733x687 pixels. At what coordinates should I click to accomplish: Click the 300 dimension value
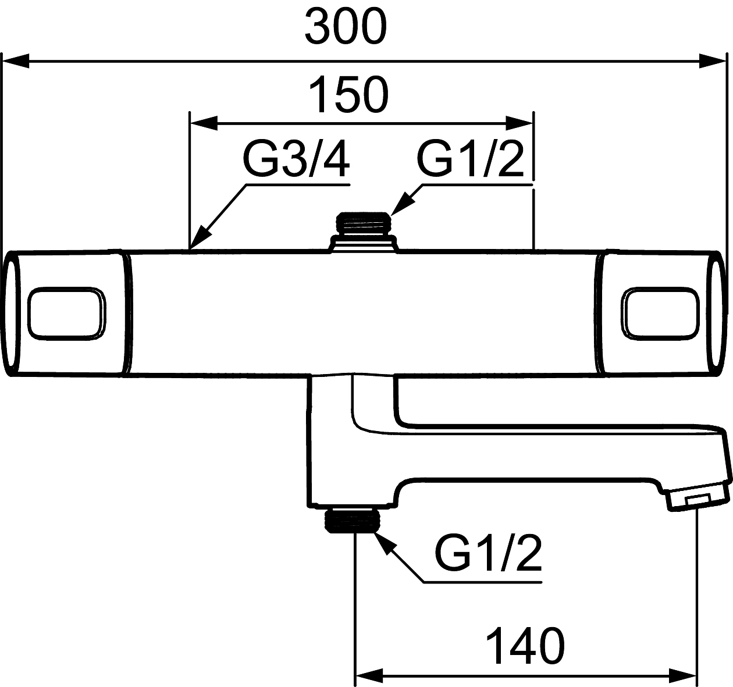point(346,27)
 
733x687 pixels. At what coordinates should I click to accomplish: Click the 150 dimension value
point(348,95)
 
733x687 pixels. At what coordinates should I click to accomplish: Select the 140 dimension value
point(525,646)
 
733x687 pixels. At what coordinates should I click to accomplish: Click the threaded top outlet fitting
point(364,223)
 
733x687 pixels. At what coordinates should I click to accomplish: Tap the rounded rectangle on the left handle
point(67,312)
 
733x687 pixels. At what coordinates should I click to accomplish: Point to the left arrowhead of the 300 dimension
point(16,60)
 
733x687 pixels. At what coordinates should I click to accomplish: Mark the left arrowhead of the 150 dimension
point(204,123)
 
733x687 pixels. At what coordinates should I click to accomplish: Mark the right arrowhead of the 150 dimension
point(519,123)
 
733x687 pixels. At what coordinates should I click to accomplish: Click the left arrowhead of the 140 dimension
point(369,677)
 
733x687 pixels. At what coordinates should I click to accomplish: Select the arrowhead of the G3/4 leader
point(199,241)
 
